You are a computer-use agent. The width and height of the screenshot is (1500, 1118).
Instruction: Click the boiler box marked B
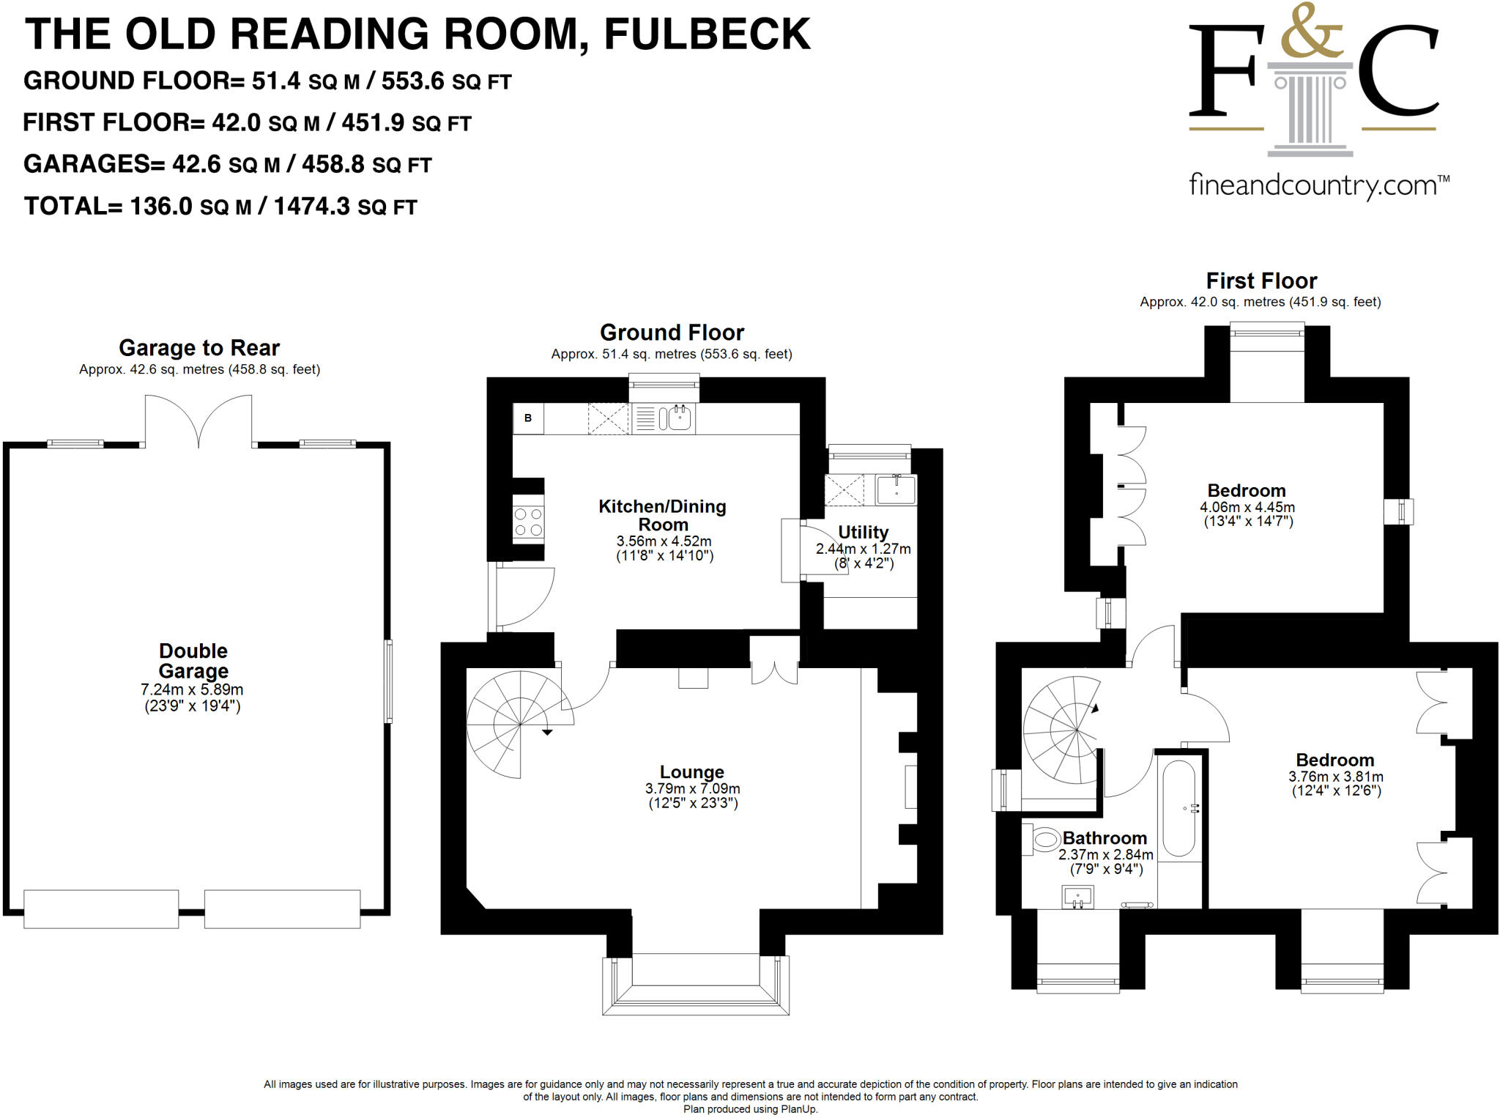tap(528, 418)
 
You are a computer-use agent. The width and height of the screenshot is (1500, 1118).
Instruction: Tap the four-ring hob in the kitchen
tap(528, 522)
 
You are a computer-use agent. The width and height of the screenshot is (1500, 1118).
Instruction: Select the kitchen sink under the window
tap(675, 418)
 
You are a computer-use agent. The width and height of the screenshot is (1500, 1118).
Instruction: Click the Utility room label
tap(863, 532)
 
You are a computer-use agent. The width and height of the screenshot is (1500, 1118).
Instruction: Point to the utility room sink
tap(896, 489)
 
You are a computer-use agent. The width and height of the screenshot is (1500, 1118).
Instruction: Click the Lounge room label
tap(691, 771)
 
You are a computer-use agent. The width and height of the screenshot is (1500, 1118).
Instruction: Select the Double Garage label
tap(193, 661)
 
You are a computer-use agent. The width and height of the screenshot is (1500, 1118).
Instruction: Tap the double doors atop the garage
tap(198, 421)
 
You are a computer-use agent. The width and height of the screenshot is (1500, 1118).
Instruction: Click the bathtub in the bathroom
tap(1178, 808)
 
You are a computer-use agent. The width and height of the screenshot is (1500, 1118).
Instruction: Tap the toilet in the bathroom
tap(1043, 840)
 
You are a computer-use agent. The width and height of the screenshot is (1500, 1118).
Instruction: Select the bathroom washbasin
tap(1077, 896)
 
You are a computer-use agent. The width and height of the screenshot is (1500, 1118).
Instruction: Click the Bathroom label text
tap(1104, 837)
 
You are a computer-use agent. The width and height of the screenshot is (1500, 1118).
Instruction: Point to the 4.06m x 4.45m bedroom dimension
tap(1247, 507)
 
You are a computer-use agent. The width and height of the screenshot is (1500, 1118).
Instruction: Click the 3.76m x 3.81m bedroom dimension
tap(1335, 777)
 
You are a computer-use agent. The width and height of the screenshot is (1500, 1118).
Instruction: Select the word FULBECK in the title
tap(707, 34)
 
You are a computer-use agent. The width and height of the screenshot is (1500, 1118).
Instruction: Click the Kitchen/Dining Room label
tap(662, 515)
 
